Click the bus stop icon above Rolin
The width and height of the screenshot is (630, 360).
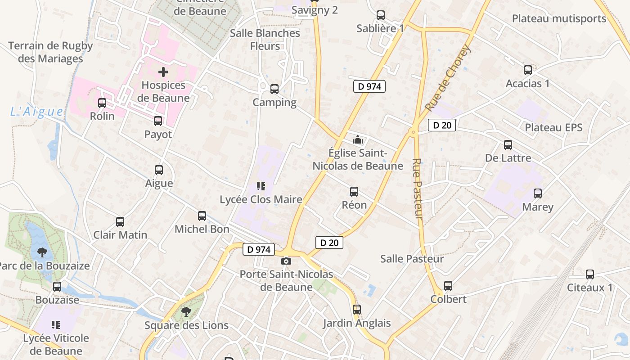point(102,103)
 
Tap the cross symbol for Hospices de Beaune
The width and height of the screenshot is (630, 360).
point(163,72)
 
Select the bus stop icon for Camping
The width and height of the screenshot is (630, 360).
point(274,89)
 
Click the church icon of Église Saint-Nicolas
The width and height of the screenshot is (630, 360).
point(358,140)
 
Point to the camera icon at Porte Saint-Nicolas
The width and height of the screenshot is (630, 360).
point(286,261)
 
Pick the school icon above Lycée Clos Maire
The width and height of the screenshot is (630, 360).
point(261,186)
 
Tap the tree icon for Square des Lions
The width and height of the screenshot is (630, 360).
point(186,311)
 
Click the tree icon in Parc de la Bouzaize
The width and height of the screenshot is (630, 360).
point(42,252)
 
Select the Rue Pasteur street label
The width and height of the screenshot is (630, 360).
point(418,189)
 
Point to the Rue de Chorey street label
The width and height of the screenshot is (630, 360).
point(447,78)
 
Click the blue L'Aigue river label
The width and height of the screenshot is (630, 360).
point(37,112)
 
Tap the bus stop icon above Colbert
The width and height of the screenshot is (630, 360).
point(448,286)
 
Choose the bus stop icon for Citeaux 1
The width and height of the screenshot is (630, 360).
point(589,274)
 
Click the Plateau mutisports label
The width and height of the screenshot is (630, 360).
point(559,19)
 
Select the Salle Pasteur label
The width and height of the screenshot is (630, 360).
point(412,259)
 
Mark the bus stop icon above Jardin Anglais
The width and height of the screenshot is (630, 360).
point(357,310)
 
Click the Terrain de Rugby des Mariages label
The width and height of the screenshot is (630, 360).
point(50,52)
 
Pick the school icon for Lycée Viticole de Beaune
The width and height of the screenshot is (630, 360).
point(56,324)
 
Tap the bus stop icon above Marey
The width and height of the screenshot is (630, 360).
point(538,193)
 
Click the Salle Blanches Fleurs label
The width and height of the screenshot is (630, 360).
point(265,40)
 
